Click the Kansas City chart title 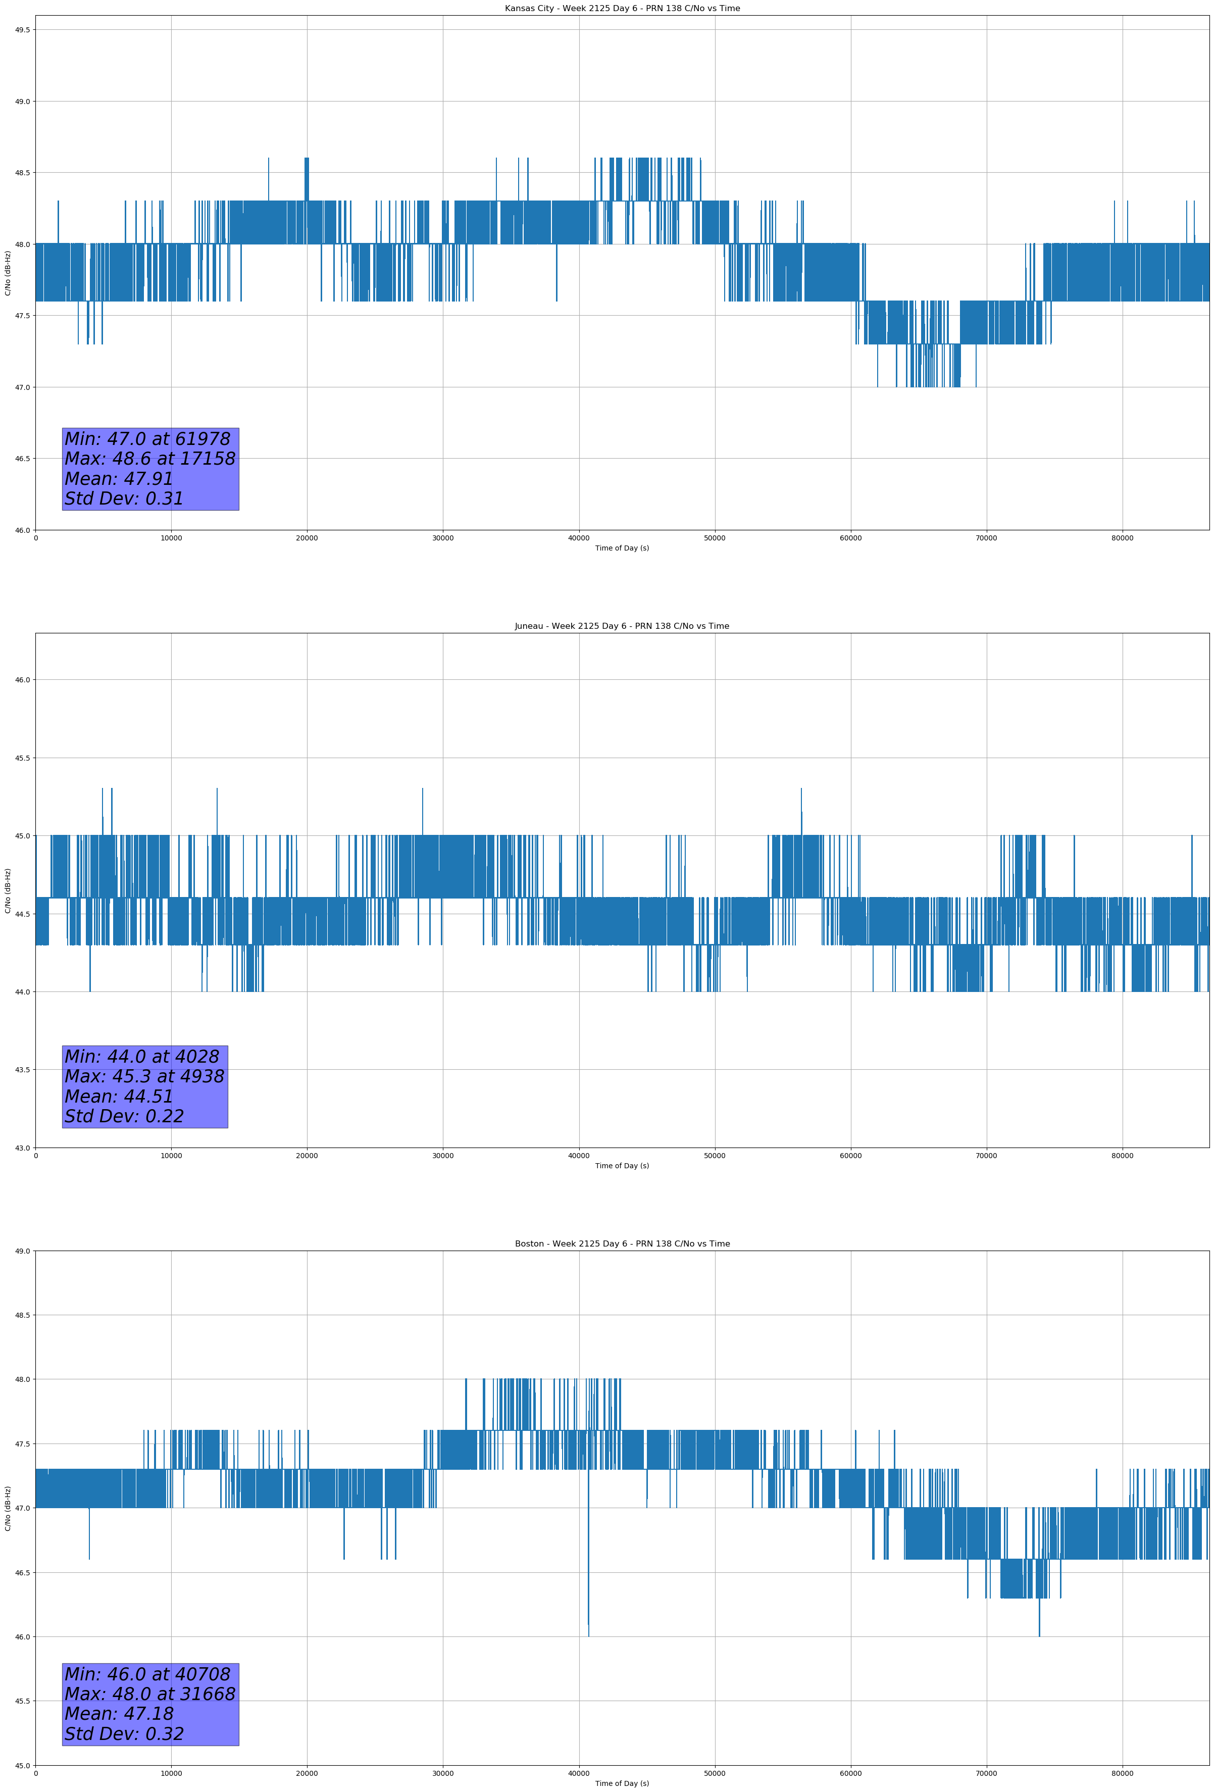coord(622,9)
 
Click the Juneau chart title coord(622,626)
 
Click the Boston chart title coord(622,1244)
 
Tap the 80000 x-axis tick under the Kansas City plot coord(1122,538)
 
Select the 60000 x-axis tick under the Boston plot coord(850,1773)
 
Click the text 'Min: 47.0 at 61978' coord(147,439)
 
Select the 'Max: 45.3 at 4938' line coord(144,1076)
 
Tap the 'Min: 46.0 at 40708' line coord(147,1674)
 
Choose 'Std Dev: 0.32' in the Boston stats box coord(124,1734)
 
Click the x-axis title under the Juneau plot coord(622,1166)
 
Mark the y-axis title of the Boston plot coord(8,1508)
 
